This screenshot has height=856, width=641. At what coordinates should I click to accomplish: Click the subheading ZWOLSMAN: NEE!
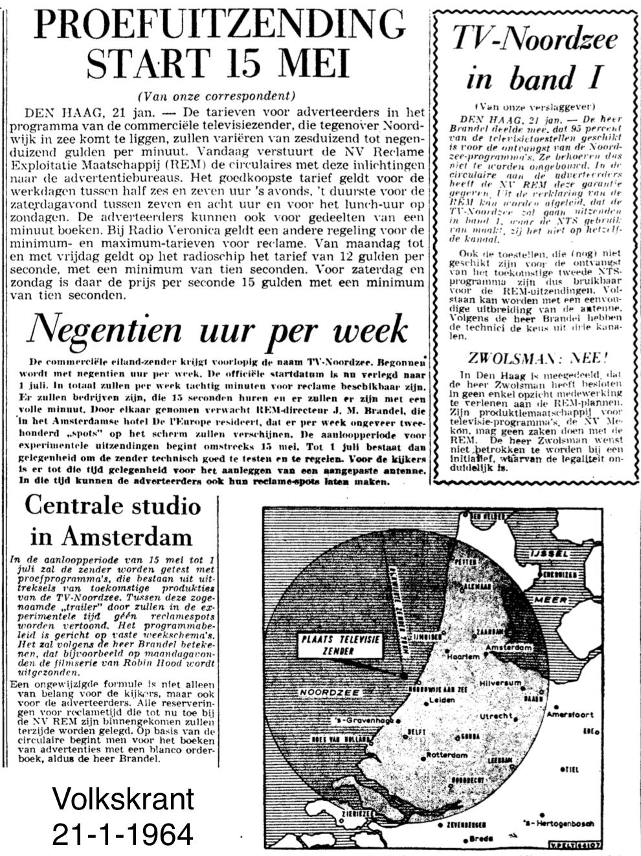point(538,358)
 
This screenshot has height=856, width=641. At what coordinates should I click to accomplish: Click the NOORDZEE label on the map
point(324,692)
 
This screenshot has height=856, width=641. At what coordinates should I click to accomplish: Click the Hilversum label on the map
point(500,683)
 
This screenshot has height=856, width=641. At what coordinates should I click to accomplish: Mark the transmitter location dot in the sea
point(403,675)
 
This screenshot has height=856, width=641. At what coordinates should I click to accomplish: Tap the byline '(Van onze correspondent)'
point(216,96)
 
